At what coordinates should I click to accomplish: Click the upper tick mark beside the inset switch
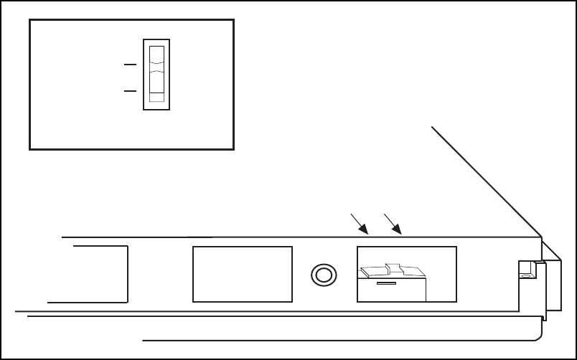pyautogui.click(x=130, y=65)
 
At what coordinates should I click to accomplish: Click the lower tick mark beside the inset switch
pyautogui.click(x=130, y=91)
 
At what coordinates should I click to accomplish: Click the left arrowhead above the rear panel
pyautogui.click(x=366, y=232)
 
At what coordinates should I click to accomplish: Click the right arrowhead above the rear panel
pyautogui.click(x=400, y=232)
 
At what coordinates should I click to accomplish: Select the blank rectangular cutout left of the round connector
pyautogui.click(x=243, y=274)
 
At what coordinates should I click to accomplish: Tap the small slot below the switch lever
pyautogui.click(x=386, y=284)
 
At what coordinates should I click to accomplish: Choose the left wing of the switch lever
pyautogui.click(x=373, y=272)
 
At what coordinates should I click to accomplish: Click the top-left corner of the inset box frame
pyautogui.click(x=29, y=21)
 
